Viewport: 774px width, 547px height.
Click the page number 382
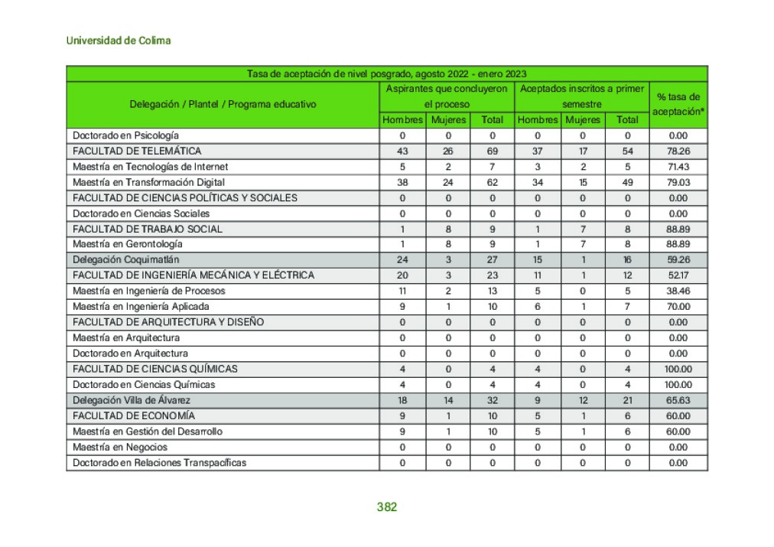click(x=387, y=507)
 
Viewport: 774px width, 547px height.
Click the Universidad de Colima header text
click(x=119, y=41)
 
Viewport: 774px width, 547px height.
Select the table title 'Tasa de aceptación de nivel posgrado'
click(x=386, y=73)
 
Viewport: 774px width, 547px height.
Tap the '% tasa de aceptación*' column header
click(x=678, y=104)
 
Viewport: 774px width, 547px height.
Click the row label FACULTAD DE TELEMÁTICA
click(x=137, y=151)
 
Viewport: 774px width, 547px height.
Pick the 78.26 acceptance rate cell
click(x=678, y=151)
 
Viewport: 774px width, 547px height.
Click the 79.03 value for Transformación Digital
click(x=678, y=182)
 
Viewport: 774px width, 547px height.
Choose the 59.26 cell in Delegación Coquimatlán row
click(x=678, y=260)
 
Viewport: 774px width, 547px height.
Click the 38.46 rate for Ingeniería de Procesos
click(x=678, y=291)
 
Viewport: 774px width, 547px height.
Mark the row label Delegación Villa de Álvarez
click(x=132, y=400)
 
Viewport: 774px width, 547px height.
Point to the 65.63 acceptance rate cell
click(x=678, y=400)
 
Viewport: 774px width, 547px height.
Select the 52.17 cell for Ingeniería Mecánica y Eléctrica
click(x=678, y=275)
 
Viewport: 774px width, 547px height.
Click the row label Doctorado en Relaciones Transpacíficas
click(x=159, y=462)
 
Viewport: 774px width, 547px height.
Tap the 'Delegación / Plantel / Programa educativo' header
click(x=223, y=104)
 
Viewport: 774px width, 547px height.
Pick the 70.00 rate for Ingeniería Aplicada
click(x=678, y=307)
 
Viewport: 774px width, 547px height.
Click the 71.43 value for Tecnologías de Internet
click(x=678, y=166)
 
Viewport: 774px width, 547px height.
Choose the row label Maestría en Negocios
click(x=120, y=447)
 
